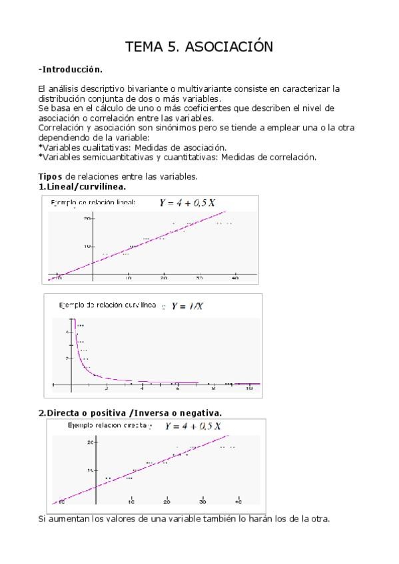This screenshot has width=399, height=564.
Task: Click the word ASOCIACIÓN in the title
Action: click(x=229, y=47)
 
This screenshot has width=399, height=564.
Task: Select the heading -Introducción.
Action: click(x=71, y=69)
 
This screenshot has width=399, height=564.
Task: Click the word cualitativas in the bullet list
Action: click(x=107, y=147)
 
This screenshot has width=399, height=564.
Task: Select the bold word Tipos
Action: click(x=51, y=176)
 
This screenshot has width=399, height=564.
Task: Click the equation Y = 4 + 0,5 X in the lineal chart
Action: click(x=187, y=203)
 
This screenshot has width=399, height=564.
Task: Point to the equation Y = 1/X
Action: click(x=188, y=306)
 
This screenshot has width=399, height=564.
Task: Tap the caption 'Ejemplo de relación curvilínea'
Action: click(x=107, y=305)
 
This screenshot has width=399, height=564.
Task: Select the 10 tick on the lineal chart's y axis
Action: click(x=87, y=246)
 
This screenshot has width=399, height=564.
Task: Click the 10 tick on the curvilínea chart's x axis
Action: click(x=249, y=388)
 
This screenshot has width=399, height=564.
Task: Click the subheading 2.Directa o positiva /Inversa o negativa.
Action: click(x=131, y=412)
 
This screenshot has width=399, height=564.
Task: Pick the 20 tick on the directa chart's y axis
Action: click(x=91, y=442)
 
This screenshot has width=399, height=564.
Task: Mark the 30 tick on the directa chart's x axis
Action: click(x=203, y=501)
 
